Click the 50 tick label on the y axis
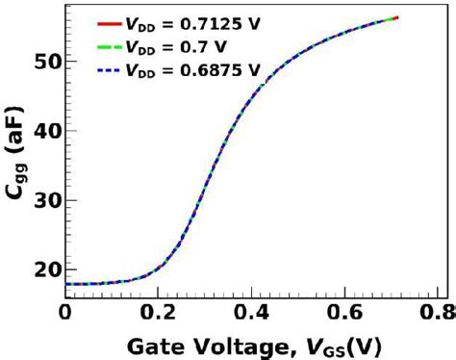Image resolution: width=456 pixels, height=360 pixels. tap(44, 62)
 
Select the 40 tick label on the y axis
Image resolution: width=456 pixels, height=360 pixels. tap(44, 131)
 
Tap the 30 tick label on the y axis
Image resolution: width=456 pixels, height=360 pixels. tap(44, 200)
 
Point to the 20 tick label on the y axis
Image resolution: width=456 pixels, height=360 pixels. tap(44, 270)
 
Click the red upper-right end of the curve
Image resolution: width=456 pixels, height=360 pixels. tap(397, 17)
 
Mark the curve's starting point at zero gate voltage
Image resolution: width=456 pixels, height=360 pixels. tap(66, 284)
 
